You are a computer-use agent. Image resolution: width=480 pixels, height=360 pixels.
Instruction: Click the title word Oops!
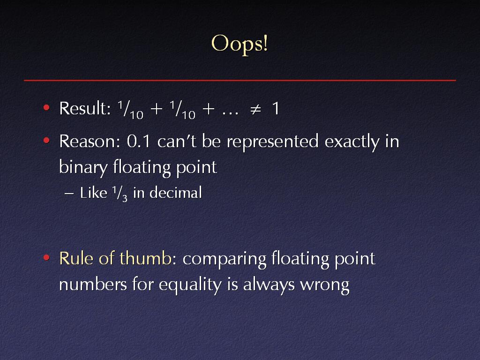coord(240,44)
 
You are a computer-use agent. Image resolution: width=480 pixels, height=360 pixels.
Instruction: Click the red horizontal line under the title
coord(240,80)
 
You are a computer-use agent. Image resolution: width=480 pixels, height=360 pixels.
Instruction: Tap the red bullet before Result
coord(46,107)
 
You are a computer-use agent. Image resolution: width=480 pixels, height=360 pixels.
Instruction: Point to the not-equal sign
coord(255,109)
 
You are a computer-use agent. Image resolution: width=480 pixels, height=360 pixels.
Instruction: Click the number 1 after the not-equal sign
coord(276,108)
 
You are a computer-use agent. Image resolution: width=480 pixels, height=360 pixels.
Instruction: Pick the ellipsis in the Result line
coord(230,113)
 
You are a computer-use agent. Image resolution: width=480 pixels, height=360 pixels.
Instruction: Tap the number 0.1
coord(139,142)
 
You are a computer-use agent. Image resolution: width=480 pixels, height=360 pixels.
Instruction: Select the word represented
coord(272,142)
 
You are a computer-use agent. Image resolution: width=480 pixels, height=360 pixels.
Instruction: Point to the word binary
coord(83,168)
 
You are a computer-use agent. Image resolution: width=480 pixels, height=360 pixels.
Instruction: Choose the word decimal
coord(176,193)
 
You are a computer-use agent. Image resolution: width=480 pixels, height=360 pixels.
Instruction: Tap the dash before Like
coord(69,194)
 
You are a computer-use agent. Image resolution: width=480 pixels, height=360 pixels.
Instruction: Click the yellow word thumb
coord(145,258)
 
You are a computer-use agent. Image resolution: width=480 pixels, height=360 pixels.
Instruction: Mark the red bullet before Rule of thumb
coord(46,257)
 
